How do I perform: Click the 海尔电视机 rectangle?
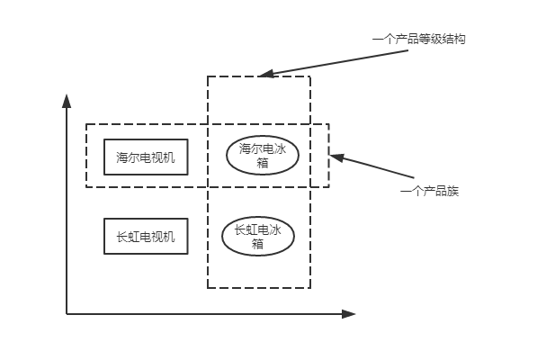pyautogui.click(x=146, y=157)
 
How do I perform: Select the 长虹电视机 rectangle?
pyautogui.click(x=146, y=237)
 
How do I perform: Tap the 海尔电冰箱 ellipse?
pyautogui.click(x=262, y=156)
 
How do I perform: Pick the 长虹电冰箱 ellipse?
pyautogui.click(x=258, y=236)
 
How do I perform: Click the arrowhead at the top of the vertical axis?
pyautogui.click(x=67, y=99)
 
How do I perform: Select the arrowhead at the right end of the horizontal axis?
pyautogui.click(x=349, y=313)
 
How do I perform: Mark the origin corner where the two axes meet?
pyautogui.click(x=67, y=313)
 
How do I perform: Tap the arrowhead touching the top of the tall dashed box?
pyautogui.click(x=264, y=74)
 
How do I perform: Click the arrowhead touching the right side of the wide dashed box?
pyautogui.click(x=336, y=157)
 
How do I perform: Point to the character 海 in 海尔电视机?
pyautogui.click(x=121, y=158)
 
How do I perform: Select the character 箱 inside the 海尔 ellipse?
pyautogui.click(x=262, y=163)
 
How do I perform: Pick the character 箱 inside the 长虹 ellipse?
pyautogui.click(x=258, y=243)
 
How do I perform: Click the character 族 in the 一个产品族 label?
pyautogui.click(x=453, y=192)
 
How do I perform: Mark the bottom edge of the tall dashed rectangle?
pyautogui.click(x=259, y=288)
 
